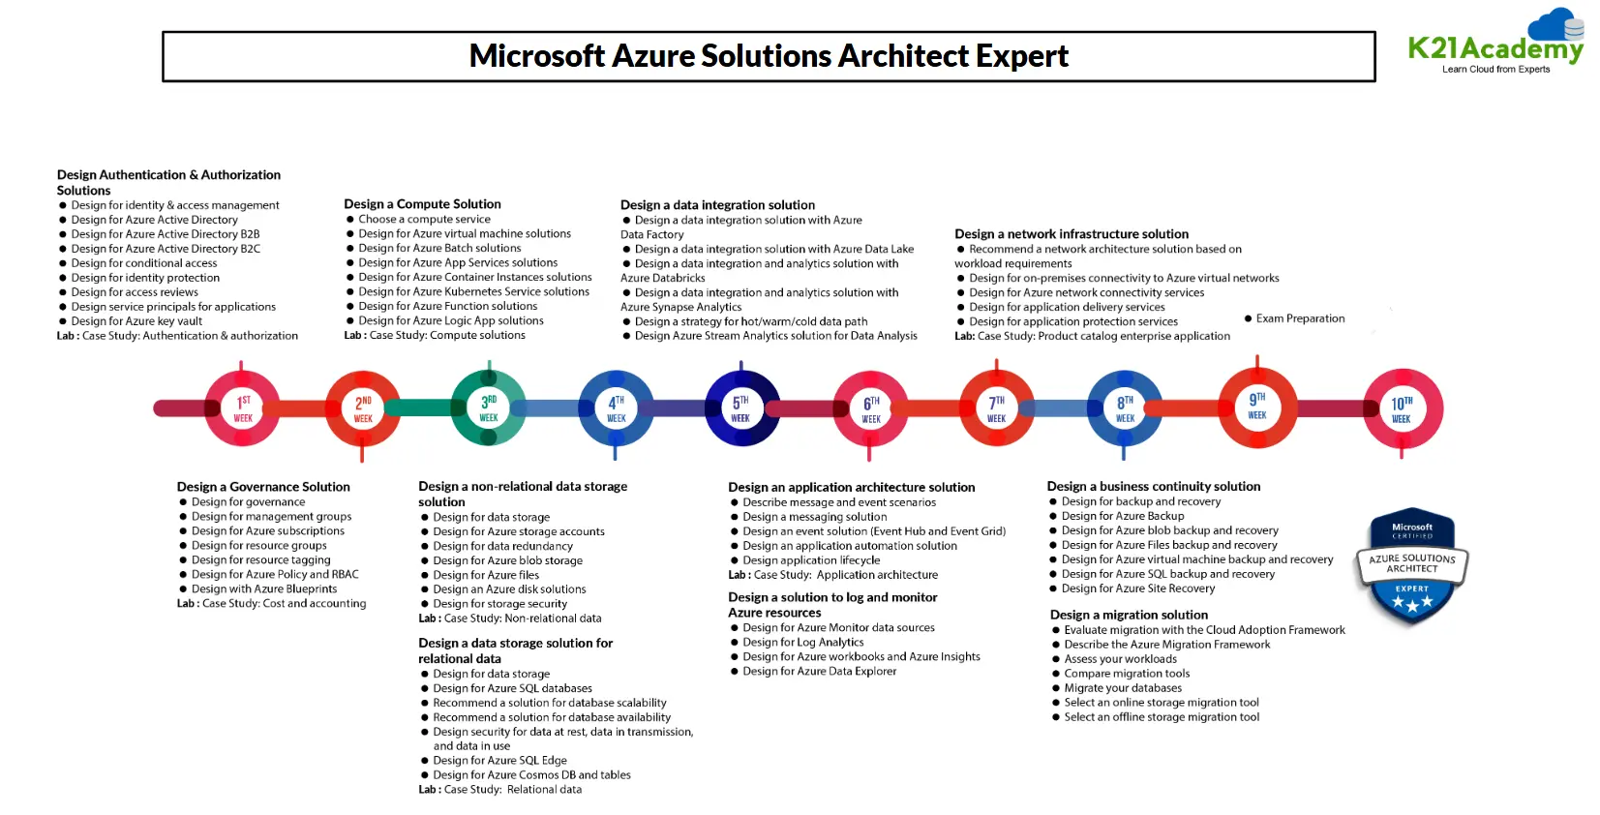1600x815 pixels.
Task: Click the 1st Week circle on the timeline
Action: click(x=242, y=408)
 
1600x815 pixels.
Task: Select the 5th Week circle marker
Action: click(x=740, y=408)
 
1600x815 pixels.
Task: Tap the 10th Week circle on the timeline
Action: click(x=1402, y=408)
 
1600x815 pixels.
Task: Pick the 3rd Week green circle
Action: click(x=489, y=408)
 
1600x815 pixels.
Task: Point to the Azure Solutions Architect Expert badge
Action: click(x=1412, y=565)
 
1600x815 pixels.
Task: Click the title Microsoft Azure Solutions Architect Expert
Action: click(x=769, y=56)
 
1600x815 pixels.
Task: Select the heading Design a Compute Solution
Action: click(x=422, y=204)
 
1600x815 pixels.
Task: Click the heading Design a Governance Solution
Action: click(x=263, y=487)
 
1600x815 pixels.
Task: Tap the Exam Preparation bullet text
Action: click(x=1300, y=318)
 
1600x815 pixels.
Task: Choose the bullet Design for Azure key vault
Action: click(x=136, y=321)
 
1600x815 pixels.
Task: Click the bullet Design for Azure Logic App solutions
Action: click(x=451, y=320)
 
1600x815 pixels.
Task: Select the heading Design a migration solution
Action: click(x=1129, y=615)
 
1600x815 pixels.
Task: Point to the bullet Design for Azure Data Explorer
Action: click(x=819, y=671)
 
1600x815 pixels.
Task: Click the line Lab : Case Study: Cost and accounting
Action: click(x=271, y=603)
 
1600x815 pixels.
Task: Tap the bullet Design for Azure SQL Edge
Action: click(x=499, y=760)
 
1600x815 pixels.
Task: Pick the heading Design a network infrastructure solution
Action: click(x=1072, y=234)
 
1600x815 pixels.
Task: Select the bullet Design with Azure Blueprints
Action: click(x=264, y=589)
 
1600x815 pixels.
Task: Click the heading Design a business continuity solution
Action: click(x=1153, y=487)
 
